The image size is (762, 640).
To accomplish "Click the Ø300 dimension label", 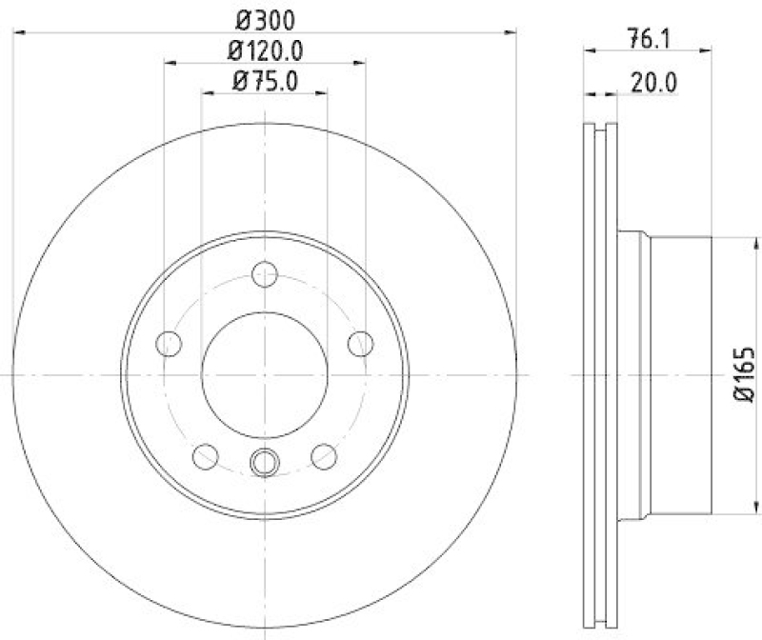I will (x=265, y=18).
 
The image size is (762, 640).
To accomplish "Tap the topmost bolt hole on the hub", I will (x=265, y=276).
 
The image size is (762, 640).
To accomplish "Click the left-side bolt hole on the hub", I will (x=168, y=342).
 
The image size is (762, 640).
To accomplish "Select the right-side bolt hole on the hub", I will (x=361, y=342).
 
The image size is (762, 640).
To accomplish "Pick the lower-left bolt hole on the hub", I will (x=205, y=456).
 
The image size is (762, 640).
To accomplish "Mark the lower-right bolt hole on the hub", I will (x=325, y=456).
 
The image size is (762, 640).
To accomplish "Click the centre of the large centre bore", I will (x=265, y=375).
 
